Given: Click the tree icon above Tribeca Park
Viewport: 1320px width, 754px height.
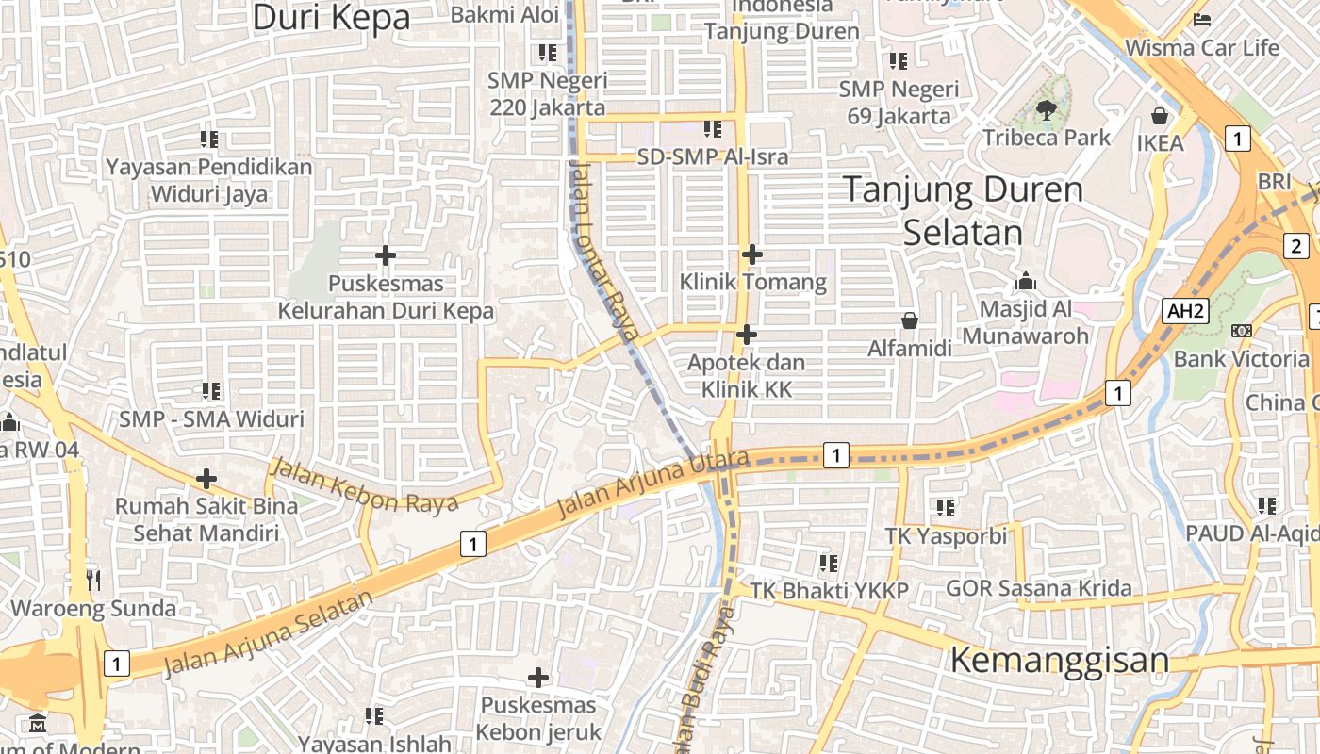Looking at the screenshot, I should click(1046, 110).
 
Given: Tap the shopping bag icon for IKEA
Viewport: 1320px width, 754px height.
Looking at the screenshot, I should click(1159, 116).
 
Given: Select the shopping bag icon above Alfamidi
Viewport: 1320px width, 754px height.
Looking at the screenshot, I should click(909, 320).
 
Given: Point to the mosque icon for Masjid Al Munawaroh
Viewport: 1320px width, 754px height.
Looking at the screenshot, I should click(1026, 281).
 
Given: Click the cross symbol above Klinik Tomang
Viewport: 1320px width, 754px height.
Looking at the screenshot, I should click(751, 254).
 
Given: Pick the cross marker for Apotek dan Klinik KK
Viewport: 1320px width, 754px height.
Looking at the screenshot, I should click(746, 335).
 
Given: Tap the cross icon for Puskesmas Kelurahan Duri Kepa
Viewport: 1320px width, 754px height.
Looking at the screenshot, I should click(385, 254).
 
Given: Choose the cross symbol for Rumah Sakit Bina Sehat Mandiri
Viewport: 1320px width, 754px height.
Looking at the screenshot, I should click(206, 479).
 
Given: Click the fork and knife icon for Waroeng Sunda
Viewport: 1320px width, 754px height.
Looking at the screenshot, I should click(92, 580).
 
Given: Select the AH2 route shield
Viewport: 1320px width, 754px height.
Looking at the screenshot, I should click(1184, 311).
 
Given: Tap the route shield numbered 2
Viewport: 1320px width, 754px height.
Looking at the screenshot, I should click(1296, 247).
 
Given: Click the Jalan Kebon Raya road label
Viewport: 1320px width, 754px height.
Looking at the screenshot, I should click(364, 484).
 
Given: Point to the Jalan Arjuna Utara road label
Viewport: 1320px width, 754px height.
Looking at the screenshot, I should click(652, 484).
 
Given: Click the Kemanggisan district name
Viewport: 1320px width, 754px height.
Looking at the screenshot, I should click(1059, 659).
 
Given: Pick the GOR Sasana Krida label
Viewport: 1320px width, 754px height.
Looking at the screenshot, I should click(1038, 589).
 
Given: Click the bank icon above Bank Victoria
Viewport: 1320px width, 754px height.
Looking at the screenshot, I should click(1241, 330).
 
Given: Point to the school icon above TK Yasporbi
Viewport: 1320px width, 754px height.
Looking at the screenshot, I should click(946, 508).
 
